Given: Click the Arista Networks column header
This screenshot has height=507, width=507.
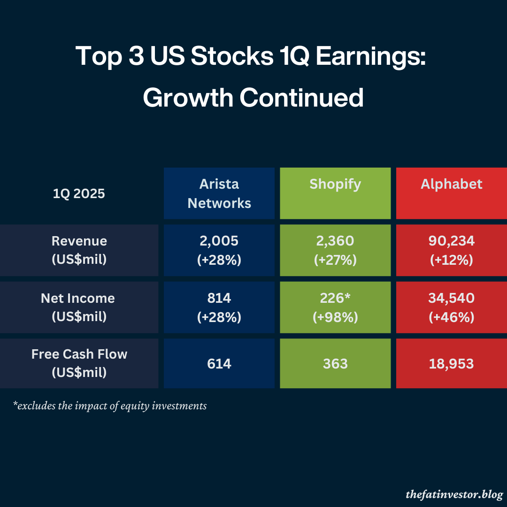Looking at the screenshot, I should tap(219, 193).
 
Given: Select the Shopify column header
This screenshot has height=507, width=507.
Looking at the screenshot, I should tap(335, 184).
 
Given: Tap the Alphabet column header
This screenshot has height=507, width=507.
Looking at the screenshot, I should tap(451, 184).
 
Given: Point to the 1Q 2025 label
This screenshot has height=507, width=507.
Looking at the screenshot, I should tap(79, 193).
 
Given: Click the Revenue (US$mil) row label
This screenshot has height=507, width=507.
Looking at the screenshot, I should tap(79, 250).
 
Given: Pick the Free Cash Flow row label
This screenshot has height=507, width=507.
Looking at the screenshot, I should tap(79, 363).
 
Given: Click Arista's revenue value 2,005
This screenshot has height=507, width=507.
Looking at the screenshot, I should tap(219, 241).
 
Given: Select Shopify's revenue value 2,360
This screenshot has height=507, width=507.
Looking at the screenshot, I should tap(335, 241).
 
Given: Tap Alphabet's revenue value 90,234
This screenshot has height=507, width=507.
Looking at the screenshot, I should tap(451, 241).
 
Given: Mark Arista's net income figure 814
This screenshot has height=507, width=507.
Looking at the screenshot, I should tap(219, 298).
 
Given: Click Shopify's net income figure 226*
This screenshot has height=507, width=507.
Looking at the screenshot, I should tap(335, 298).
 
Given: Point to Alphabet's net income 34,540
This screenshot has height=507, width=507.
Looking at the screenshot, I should tap(451, 298).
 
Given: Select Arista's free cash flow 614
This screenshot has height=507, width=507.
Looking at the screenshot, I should tap(219, 364).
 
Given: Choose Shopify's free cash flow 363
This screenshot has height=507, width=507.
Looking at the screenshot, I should tap(335, 364).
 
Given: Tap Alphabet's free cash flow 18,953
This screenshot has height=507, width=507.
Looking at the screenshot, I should tap(451, 364).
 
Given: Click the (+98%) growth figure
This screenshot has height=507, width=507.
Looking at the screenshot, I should tap(335, 317).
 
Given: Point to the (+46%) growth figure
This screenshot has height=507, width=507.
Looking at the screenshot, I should tap(451, 317).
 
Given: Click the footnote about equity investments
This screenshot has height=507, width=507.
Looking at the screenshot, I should tap(110, 406).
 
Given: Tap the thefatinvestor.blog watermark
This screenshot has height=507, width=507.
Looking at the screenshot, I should tap(454, 494).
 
